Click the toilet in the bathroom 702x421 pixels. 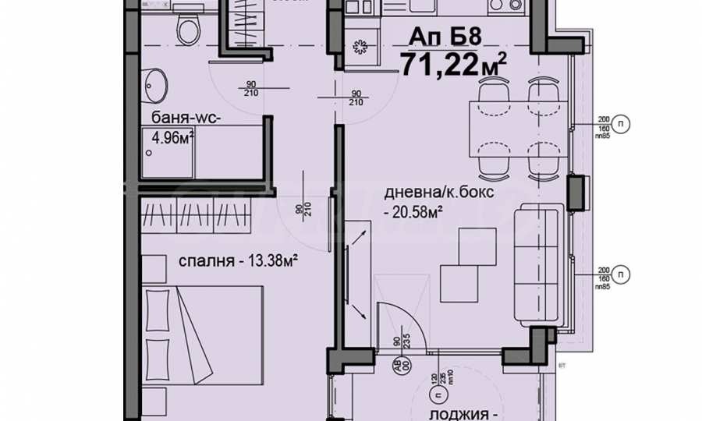[x=186, y=30]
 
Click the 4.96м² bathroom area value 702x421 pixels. [x=172, y=139]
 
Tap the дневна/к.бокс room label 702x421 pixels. [x=439, y=194]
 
